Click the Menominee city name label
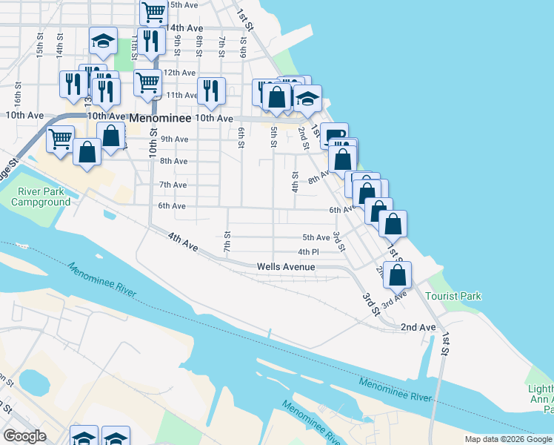pos(160,117)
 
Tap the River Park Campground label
pos(44,197)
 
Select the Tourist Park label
pos(453,296)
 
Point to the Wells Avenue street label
pos(286,267)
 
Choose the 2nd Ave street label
pos(418,327)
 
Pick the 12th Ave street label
pos(179,73)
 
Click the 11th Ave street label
pos(181,95)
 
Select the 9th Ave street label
pos(174,139)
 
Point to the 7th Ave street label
pos(173,185)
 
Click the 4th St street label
pos(294,182)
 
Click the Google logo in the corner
pos(24,436)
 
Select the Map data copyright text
pos(508,439)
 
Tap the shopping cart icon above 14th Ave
pos(153,12)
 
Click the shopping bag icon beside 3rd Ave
pos(398,274)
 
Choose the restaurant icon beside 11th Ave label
pos(211,91)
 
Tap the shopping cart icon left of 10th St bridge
pos(60,138)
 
